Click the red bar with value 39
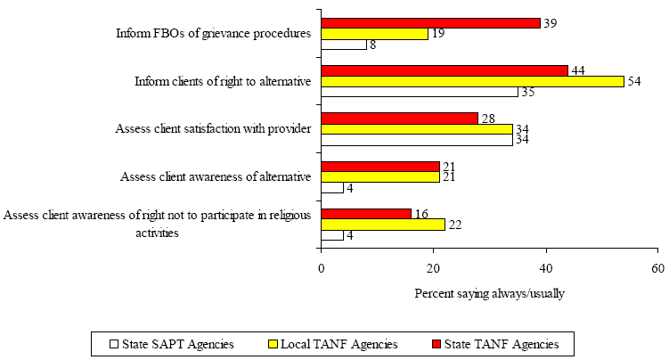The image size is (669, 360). click(431, 22)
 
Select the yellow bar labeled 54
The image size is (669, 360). click(472, 81)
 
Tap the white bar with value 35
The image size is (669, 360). click(420, 92)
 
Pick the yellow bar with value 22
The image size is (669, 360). click(383, 225)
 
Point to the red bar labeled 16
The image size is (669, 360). click(366, 214)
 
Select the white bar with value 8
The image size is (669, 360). click(344, 44)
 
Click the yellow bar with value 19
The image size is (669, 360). click(375, 33)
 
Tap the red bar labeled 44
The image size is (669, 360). click(445, 70)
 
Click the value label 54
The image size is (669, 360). click(636, 81)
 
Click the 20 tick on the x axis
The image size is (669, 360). click(433, 268)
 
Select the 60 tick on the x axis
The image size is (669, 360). click(657, 268)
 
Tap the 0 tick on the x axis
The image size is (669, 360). click(322, 268)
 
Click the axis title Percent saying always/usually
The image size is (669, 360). click(489, 293)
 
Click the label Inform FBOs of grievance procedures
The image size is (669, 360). click(213, 34)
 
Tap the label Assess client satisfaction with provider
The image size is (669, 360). click(213, 129)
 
